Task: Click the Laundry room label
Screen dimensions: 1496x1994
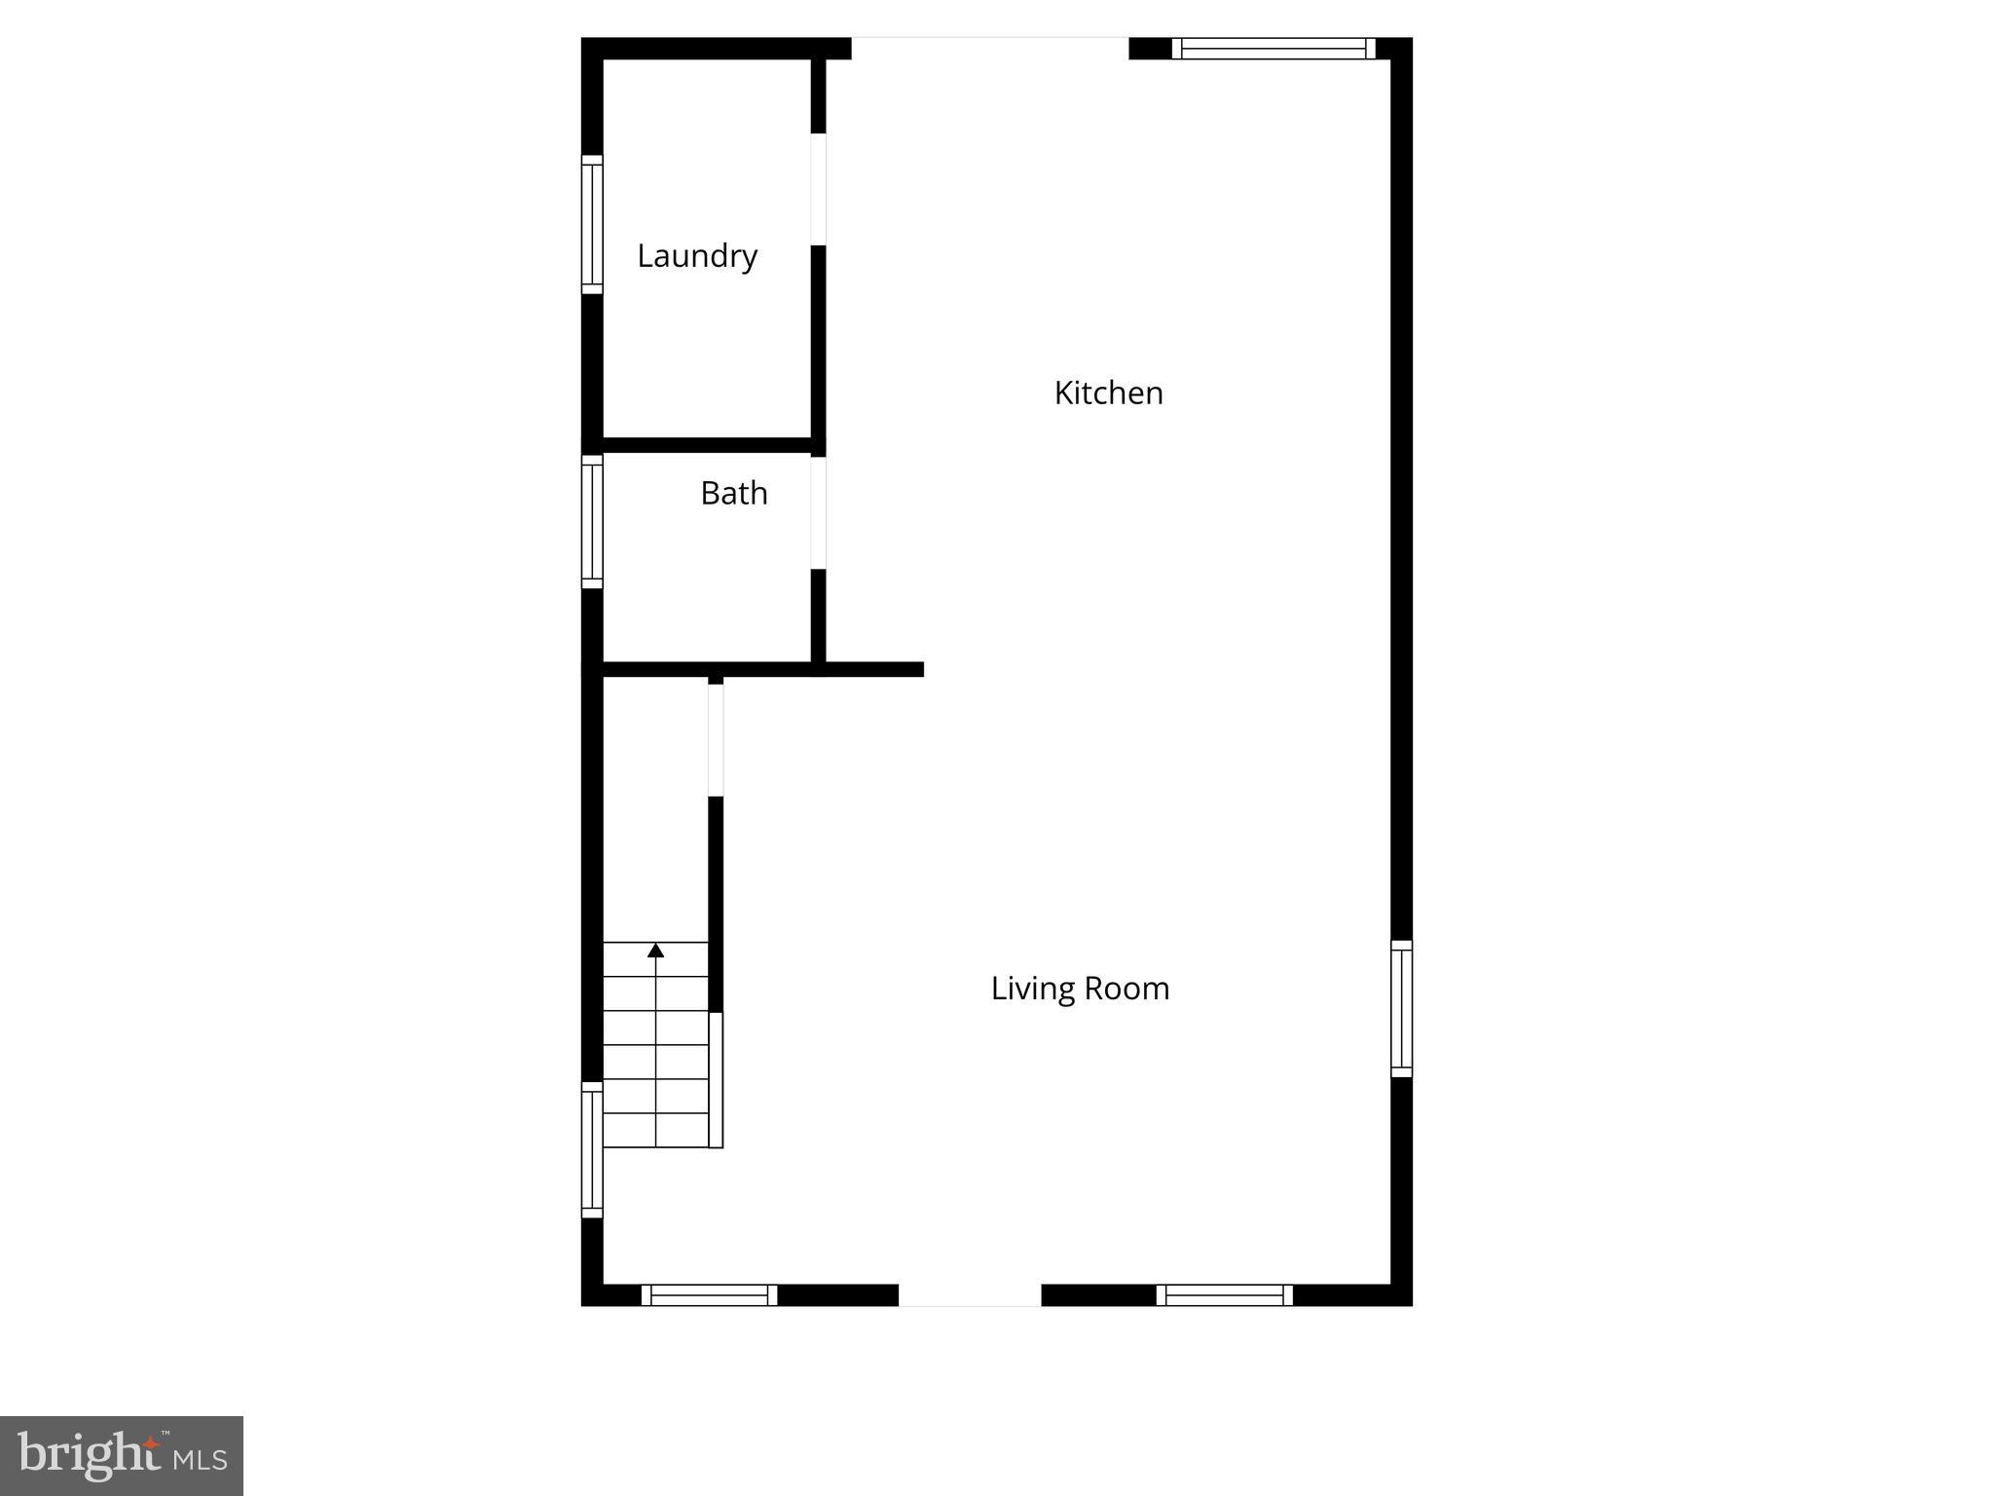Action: coord(697,256)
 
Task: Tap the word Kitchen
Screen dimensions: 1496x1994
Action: coord(1108,393)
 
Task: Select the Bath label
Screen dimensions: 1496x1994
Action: coord(734,493)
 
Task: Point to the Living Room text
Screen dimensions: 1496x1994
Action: coord(1080,989)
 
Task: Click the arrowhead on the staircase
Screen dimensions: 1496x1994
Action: coord(656,951)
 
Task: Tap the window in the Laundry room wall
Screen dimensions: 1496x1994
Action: coord(592,224)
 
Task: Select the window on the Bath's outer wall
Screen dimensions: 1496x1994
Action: coord(592,522)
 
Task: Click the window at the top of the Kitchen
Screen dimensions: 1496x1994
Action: coord(1274,49)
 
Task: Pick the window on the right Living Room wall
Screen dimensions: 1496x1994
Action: coord(1401,1008)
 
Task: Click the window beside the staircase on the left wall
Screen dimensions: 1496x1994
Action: coord(592,1149)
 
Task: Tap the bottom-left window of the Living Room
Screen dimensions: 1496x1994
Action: coord(709,1295)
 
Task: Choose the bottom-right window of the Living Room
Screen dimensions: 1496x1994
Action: coord(1224,1295)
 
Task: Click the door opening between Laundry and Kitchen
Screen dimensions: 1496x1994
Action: coord(819,189)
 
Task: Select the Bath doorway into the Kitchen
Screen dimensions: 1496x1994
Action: coord(819,512)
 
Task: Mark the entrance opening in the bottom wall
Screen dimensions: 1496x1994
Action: coord(970,1295)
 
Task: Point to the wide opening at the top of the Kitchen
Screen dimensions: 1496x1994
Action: coord(990,47)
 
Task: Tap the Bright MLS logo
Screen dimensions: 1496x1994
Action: coord(122,1456)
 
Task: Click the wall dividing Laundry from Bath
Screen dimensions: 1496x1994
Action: coord(707,445)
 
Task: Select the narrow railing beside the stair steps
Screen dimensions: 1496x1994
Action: coord(716,1079)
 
